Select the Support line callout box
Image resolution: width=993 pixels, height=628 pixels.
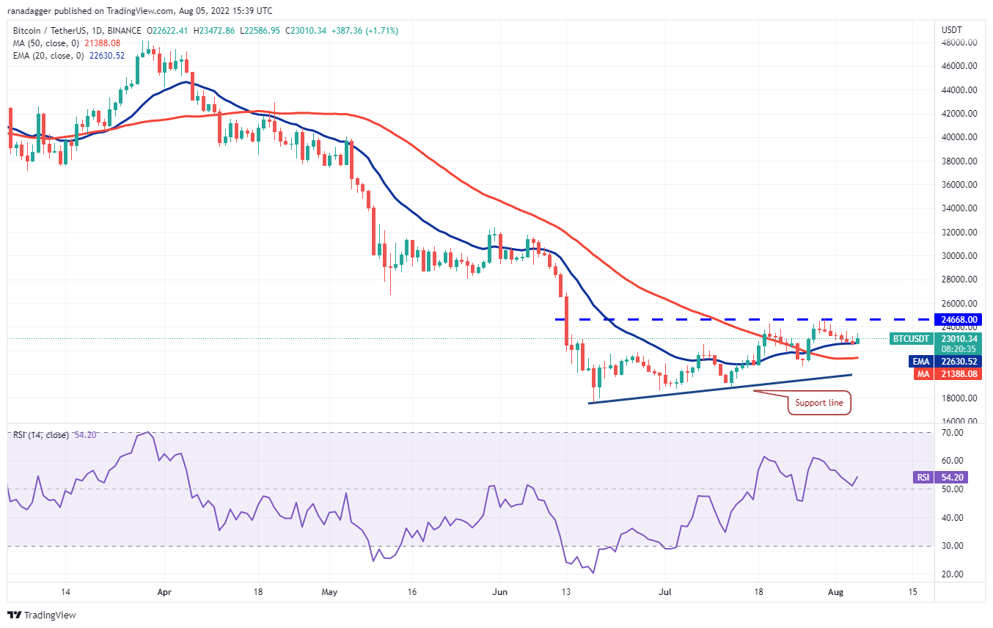[x=820, y=403]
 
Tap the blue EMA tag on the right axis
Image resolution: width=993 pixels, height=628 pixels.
[x=923, y=360]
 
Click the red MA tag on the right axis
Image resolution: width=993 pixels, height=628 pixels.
[x=923, y=374]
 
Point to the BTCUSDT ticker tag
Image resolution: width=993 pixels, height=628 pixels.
[x=911, y=339]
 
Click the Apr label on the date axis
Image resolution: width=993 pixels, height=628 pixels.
[x=164, y=591]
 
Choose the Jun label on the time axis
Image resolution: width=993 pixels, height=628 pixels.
[x=500, y=591]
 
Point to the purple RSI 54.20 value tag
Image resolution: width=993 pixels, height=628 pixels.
[x=951, y=478]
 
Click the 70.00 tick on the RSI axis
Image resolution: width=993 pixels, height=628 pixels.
[x=953, y=433]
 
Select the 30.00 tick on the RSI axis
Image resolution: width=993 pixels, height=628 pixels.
[x=953, y=546]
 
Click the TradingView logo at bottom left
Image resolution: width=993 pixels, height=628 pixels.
[x=42, y=615]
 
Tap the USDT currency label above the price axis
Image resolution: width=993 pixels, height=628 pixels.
[x=951, y=29]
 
